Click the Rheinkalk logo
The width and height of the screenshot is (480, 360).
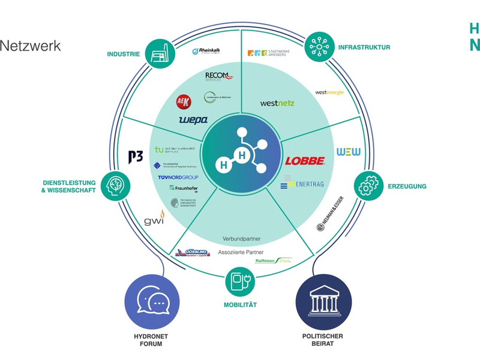[208, 52]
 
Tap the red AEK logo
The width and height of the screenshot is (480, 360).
[183, 101]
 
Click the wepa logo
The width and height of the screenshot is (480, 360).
[193, 120]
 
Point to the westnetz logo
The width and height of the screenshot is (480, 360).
[277, 103]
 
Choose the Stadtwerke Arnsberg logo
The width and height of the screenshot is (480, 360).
[268, 53]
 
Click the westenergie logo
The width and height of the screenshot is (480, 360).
[329, 92]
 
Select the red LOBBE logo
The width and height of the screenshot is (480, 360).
[305, 161]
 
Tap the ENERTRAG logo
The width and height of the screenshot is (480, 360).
[302, 184]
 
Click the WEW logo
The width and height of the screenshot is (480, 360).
[349, 152]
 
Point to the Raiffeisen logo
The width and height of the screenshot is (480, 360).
[273, 260]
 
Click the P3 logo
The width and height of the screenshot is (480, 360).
[136, 157]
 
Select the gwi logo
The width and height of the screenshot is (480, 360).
[154, 219]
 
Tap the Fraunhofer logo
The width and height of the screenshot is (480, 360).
[184, 188]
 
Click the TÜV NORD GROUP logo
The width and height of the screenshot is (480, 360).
[178, 178]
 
